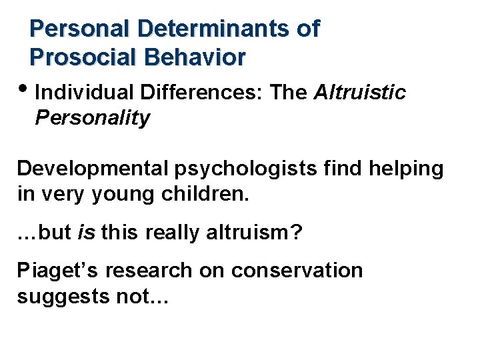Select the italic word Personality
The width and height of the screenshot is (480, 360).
click(93, 119)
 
